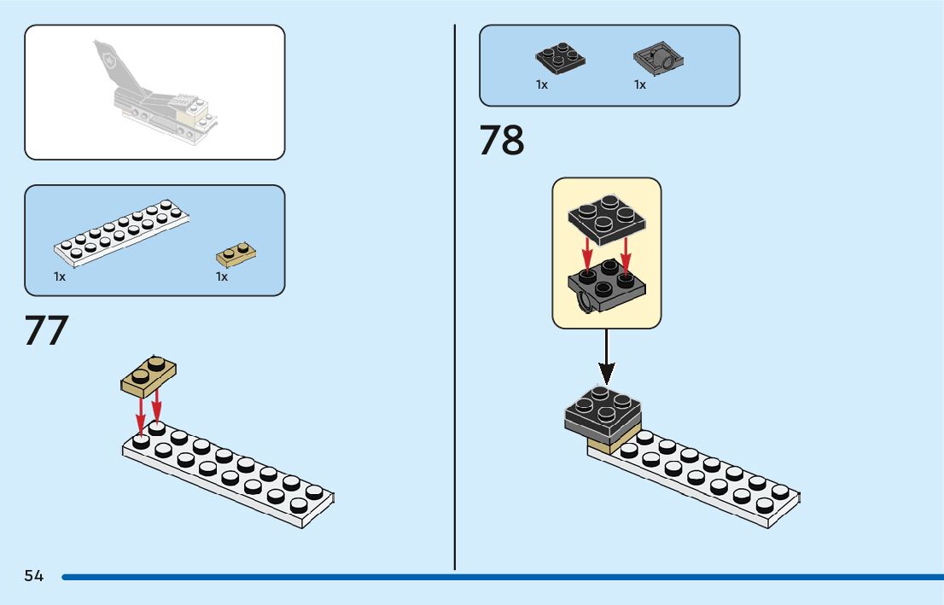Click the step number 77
pyautogui.click(x=46, y=331)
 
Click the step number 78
pyautogui.click(x=502, y=141)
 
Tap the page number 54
pyautogui.click(x=34, y=577)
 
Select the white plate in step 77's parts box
pyautogui.click(x=121, y=231)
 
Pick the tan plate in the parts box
pyautogui.click(x=236, y=254)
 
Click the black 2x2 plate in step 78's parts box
pyautogui.click(x=560, y=57)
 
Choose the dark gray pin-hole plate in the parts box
pyautogui.click(x=660, y=60)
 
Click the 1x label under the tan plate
pyautogui.click(x=222, y=276)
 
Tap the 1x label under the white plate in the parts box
pyautogui.click(x=60, y=276)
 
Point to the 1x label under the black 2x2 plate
pyautogui.click(x=542, y=84)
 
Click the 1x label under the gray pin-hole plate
pyautogui.click(x=640, y=84)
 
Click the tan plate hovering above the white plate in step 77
pyautogui.click(x=149, y=375)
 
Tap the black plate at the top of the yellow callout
pyautogui.click(x=607, y=217)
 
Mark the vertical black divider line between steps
pyautogui.click(x=455, y=299)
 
